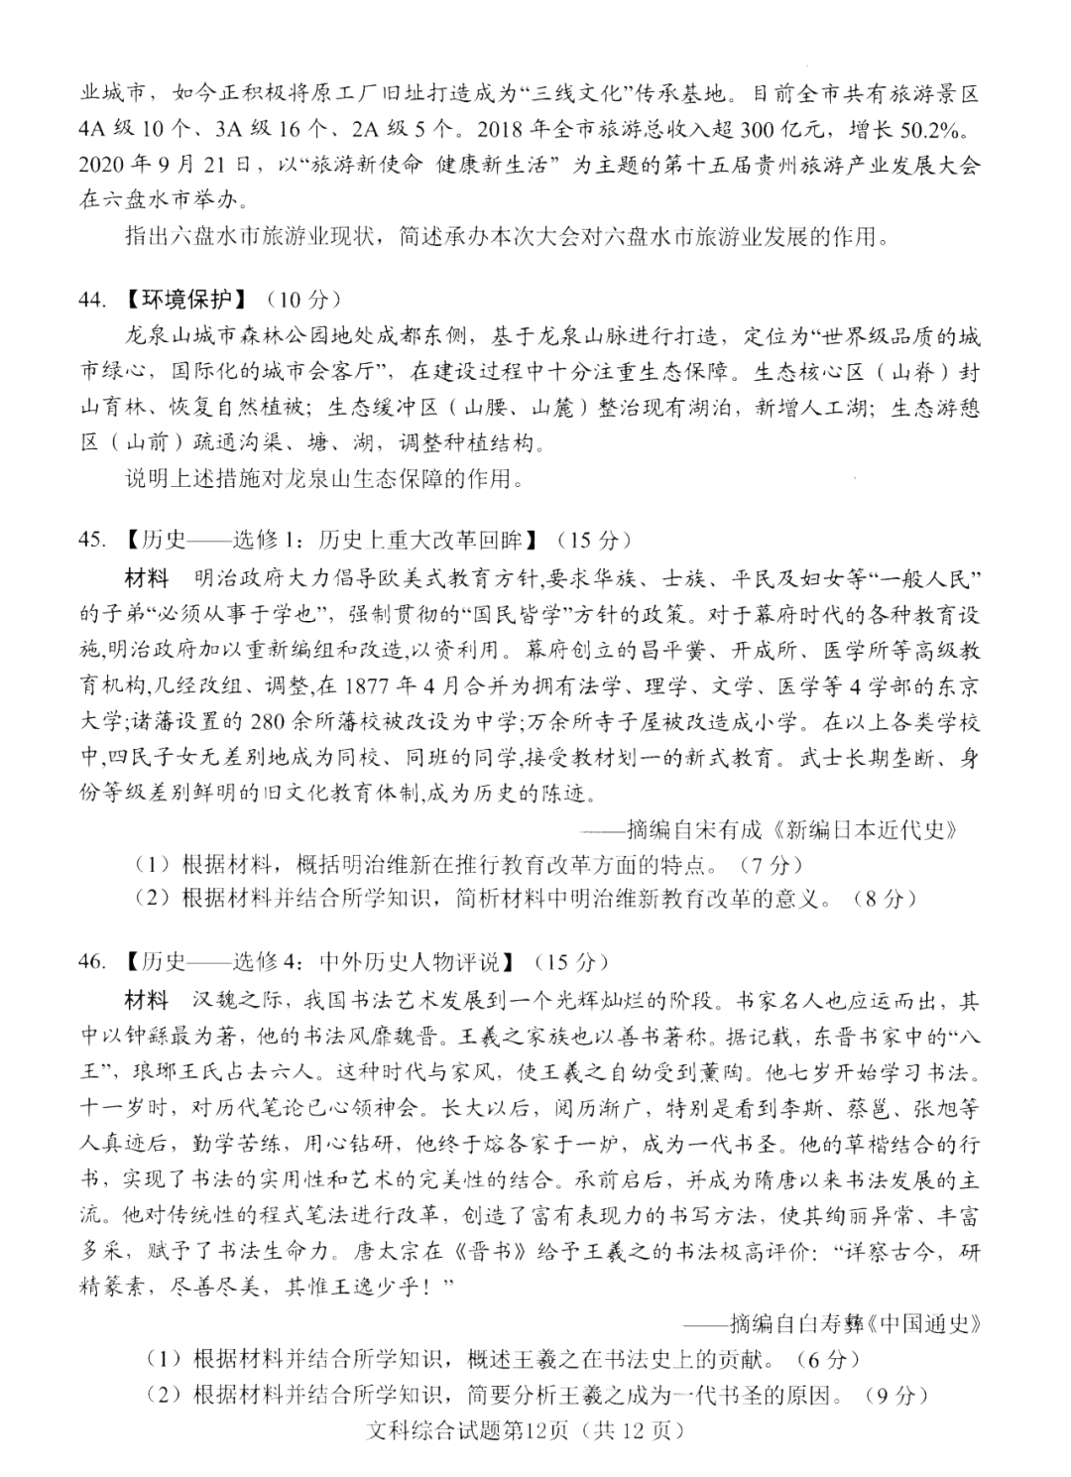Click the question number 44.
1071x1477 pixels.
coord(92,300)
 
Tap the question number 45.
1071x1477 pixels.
coord(92,540)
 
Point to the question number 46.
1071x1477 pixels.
coord(92,961)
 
